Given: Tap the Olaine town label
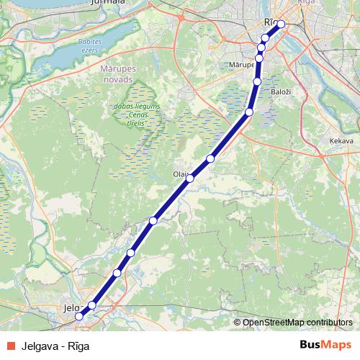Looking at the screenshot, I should click(180, 174).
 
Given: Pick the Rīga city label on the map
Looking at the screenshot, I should click(271, 22).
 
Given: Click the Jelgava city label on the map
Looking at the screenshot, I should click(71, 308).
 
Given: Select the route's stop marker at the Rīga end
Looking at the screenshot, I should click(281, 24).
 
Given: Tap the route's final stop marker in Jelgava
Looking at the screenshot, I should click(78, 315).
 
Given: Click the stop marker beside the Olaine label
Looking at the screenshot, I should click(190, 178).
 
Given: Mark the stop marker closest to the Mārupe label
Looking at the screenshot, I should click(259, 56).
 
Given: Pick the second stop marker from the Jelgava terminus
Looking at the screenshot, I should click(91, 306).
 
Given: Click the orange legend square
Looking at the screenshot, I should click(10, 346).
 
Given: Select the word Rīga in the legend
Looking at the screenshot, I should click(78, 346).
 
